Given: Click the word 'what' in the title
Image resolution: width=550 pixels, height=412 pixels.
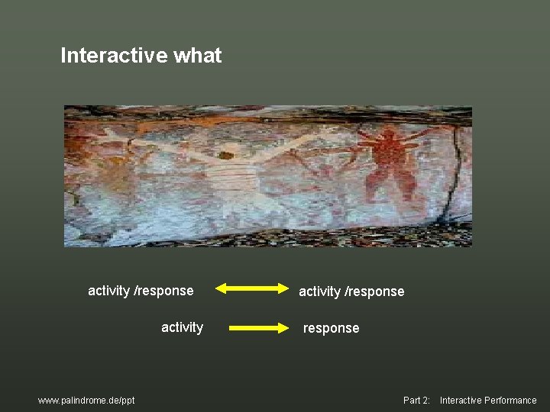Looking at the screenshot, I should click(x=198, y=56).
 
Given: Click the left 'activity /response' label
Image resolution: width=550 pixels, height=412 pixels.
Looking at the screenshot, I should click(x=141, y=291).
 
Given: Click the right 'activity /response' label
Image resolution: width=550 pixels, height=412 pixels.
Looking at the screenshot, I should click(x=351, y=291).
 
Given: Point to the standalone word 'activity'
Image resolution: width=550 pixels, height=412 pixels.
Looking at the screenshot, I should click(x=182, y=327).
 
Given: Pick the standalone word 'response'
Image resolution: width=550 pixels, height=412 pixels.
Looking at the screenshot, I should click(x=331, y=328).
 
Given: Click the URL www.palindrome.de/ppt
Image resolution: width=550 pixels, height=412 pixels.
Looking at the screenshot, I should click(x=86, y=401).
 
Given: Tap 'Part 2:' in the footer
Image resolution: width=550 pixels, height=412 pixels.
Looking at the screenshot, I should click(x=416, y=401).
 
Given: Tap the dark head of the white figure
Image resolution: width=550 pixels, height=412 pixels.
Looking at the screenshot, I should click(x=225, y=156).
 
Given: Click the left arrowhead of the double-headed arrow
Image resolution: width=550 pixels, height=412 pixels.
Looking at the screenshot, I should click(x=220, y=288).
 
